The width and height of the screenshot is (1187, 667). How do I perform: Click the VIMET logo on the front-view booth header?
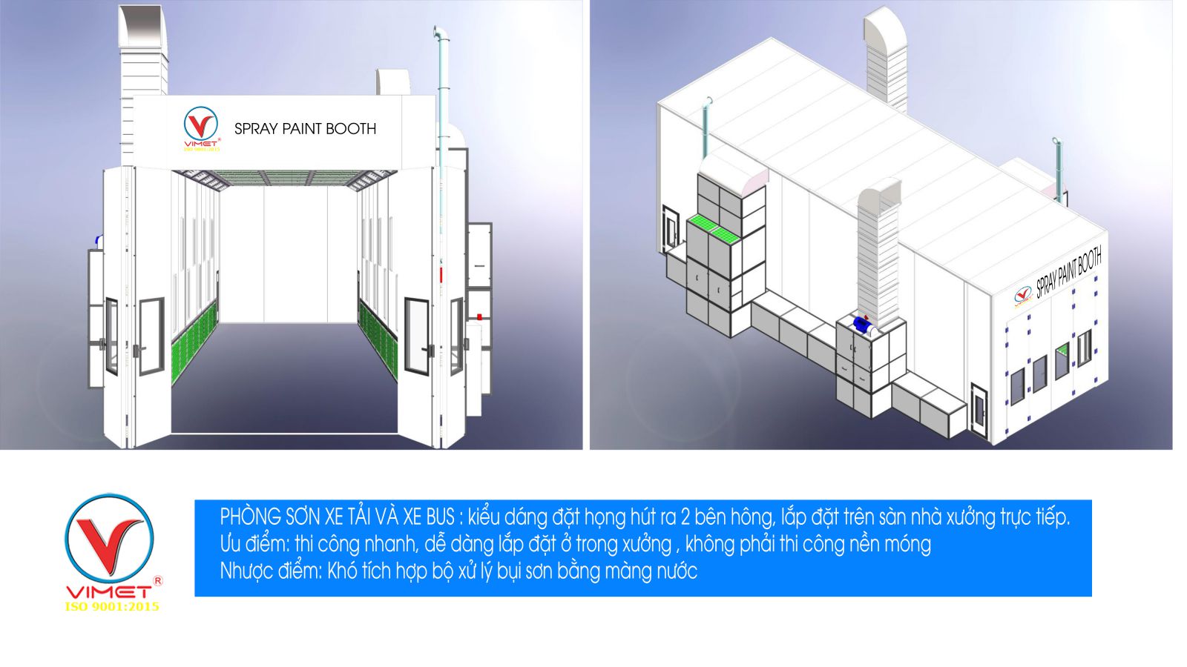pyautogui.click(x=201, y=129)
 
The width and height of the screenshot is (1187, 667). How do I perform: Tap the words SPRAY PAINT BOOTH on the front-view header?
pyautogui.click(x=305, y=129)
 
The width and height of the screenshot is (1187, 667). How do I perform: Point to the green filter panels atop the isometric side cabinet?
pyautogui.click(x=711, y=232)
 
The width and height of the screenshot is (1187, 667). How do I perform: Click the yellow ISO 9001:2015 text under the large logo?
pyautogui.click(x=112, y=607)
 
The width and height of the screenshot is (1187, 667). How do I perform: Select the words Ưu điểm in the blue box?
pyautogui.click(x=254, y=544)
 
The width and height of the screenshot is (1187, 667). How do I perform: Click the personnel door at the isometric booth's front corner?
pyautogui.click(x=979, y=411)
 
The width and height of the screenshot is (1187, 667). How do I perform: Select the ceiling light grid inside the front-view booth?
pyautogui.click(x=284, y=179)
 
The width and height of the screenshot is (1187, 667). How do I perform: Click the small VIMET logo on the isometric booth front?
pyautogui.click(x=1023, y=296)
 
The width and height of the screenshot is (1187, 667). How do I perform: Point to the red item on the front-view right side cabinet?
pyautogui.click(x=479, y=316)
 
